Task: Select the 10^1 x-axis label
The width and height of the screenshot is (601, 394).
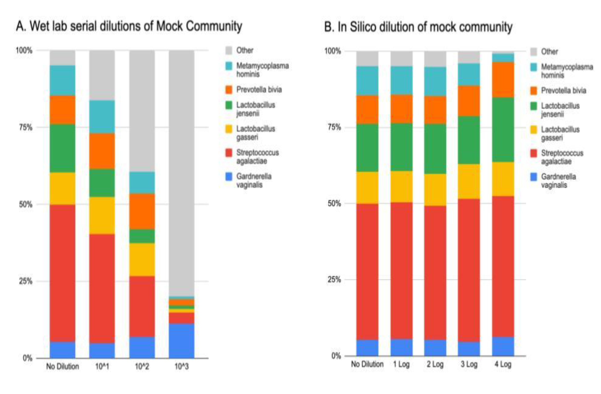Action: coord(102,366)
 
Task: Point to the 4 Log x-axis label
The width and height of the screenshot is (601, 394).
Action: coord(503,364)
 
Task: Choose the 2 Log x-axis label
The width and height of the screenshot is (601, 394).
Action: coord(435,364)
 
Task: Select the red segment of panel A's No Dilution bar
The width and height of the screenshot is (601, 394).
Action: coord(62,273)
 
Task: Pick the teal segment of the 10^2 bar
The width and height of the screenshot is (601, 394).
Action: coord(142,183)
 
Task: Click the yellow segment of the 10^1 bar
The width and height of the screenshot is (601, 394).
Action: coord(102,215)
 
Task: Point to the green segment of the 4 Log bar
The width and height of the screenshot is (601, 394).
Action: coord(503,129)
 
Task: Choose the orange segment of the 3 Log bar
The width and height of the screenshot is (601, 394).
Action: coord(469,101)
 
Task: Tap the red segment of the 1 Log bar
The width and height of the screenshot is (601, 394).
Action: coord(401,270)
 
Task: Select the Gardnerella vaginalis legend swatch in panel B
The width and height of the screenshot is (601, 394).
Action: coord(534,177)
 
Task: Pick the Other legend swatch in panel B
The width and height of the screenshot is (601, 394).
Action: coord(534,52)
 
